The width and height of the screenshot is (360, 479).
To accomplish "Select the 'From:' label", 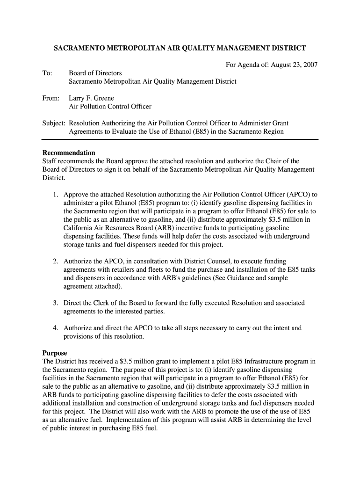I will point(51,98).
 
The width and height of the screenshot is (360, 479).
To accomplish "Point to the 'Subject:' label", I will point(54,123).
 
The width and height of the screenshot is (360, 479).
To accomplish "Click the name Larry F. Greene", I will point(91,98).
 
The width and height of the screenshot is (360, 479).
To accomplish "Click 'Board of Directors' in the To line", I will point(95,73).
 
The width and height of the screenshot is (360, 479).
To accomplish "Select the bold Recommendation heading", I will point(69,153).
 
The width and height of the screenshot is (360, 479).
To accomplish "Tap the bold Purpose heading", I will point(55,353).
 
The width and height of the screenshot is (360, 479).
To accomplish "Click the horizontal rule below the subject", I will point(180,139).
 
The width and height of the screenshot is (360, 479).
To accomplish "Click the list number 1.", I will point(55,194).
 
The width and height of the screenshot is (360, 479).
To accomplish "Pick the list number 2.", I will point(55,261).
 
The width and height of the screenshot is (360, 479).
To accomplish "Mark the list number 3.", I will point(55,303).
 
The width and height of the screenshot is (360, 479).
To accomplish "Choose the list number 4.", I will point(55,328).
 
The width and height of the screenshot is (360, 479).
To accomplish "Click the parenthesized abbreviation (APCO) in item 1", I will point(295,194).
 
